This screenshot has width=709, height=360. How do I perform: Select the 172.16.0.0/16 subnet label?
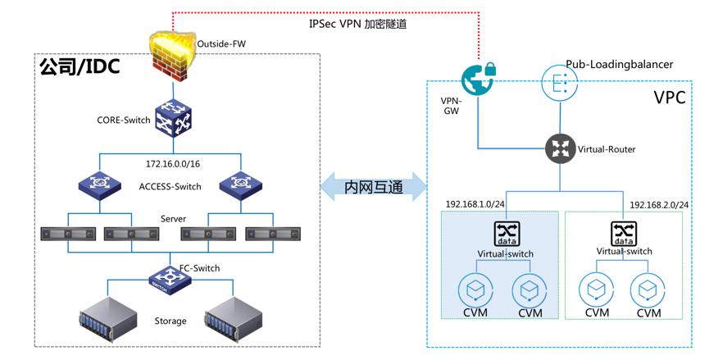[x=174, y=165]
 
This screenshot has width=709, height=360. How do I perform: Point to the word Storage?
[x=170, y=321]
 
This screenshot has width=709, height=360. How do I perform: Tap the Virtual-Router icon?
[x=561, y=148]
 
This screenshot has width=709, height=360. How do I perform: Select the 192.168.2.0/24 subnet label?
[x=658, y=204]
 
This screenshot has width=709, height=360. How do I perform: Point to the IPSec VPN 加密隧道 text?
[x=358, y=25]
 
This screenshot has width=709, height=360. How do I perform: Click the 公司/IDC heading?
[x=80, y=67]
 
